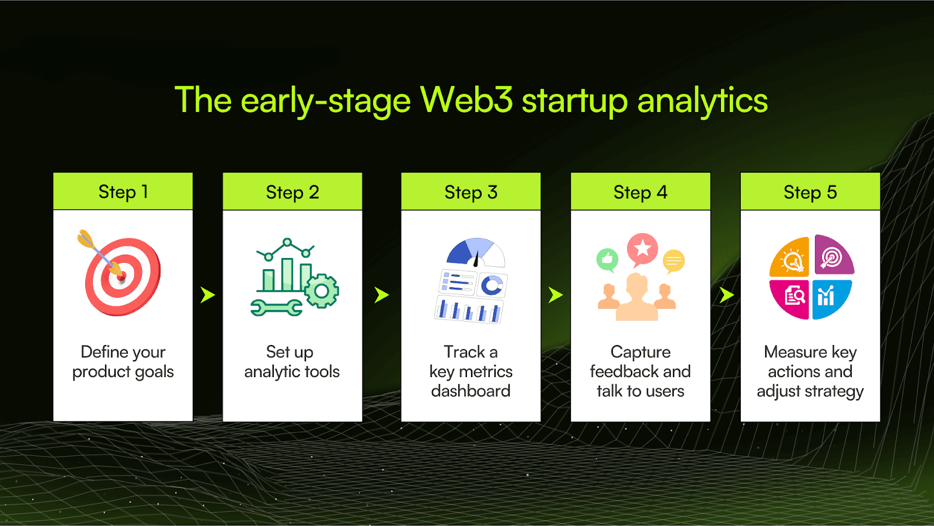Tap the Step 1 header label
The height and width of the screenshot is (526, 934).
123,191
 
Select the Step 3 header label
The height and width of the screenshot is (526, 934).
471,192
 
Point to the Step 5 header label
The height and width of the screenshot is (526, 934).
810,192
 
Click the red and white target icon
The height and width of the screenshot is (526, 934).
123,277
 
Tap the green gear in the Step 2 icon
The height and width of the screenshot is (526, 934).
321,290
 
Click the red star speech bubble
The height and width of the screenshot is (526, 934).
642,249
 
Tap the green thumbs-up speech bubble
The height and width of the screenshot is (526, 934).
607,259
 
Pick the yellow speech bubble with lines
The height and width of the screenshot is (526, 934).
673,261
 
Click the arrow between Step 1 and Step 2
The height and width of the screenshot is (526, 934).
207,295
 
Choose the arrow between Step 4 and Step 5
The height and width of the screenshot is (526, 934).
726,295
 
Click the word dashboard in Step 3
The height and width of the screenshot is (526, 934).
471,391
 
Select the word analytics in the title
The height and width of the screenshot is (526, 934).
702,100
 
